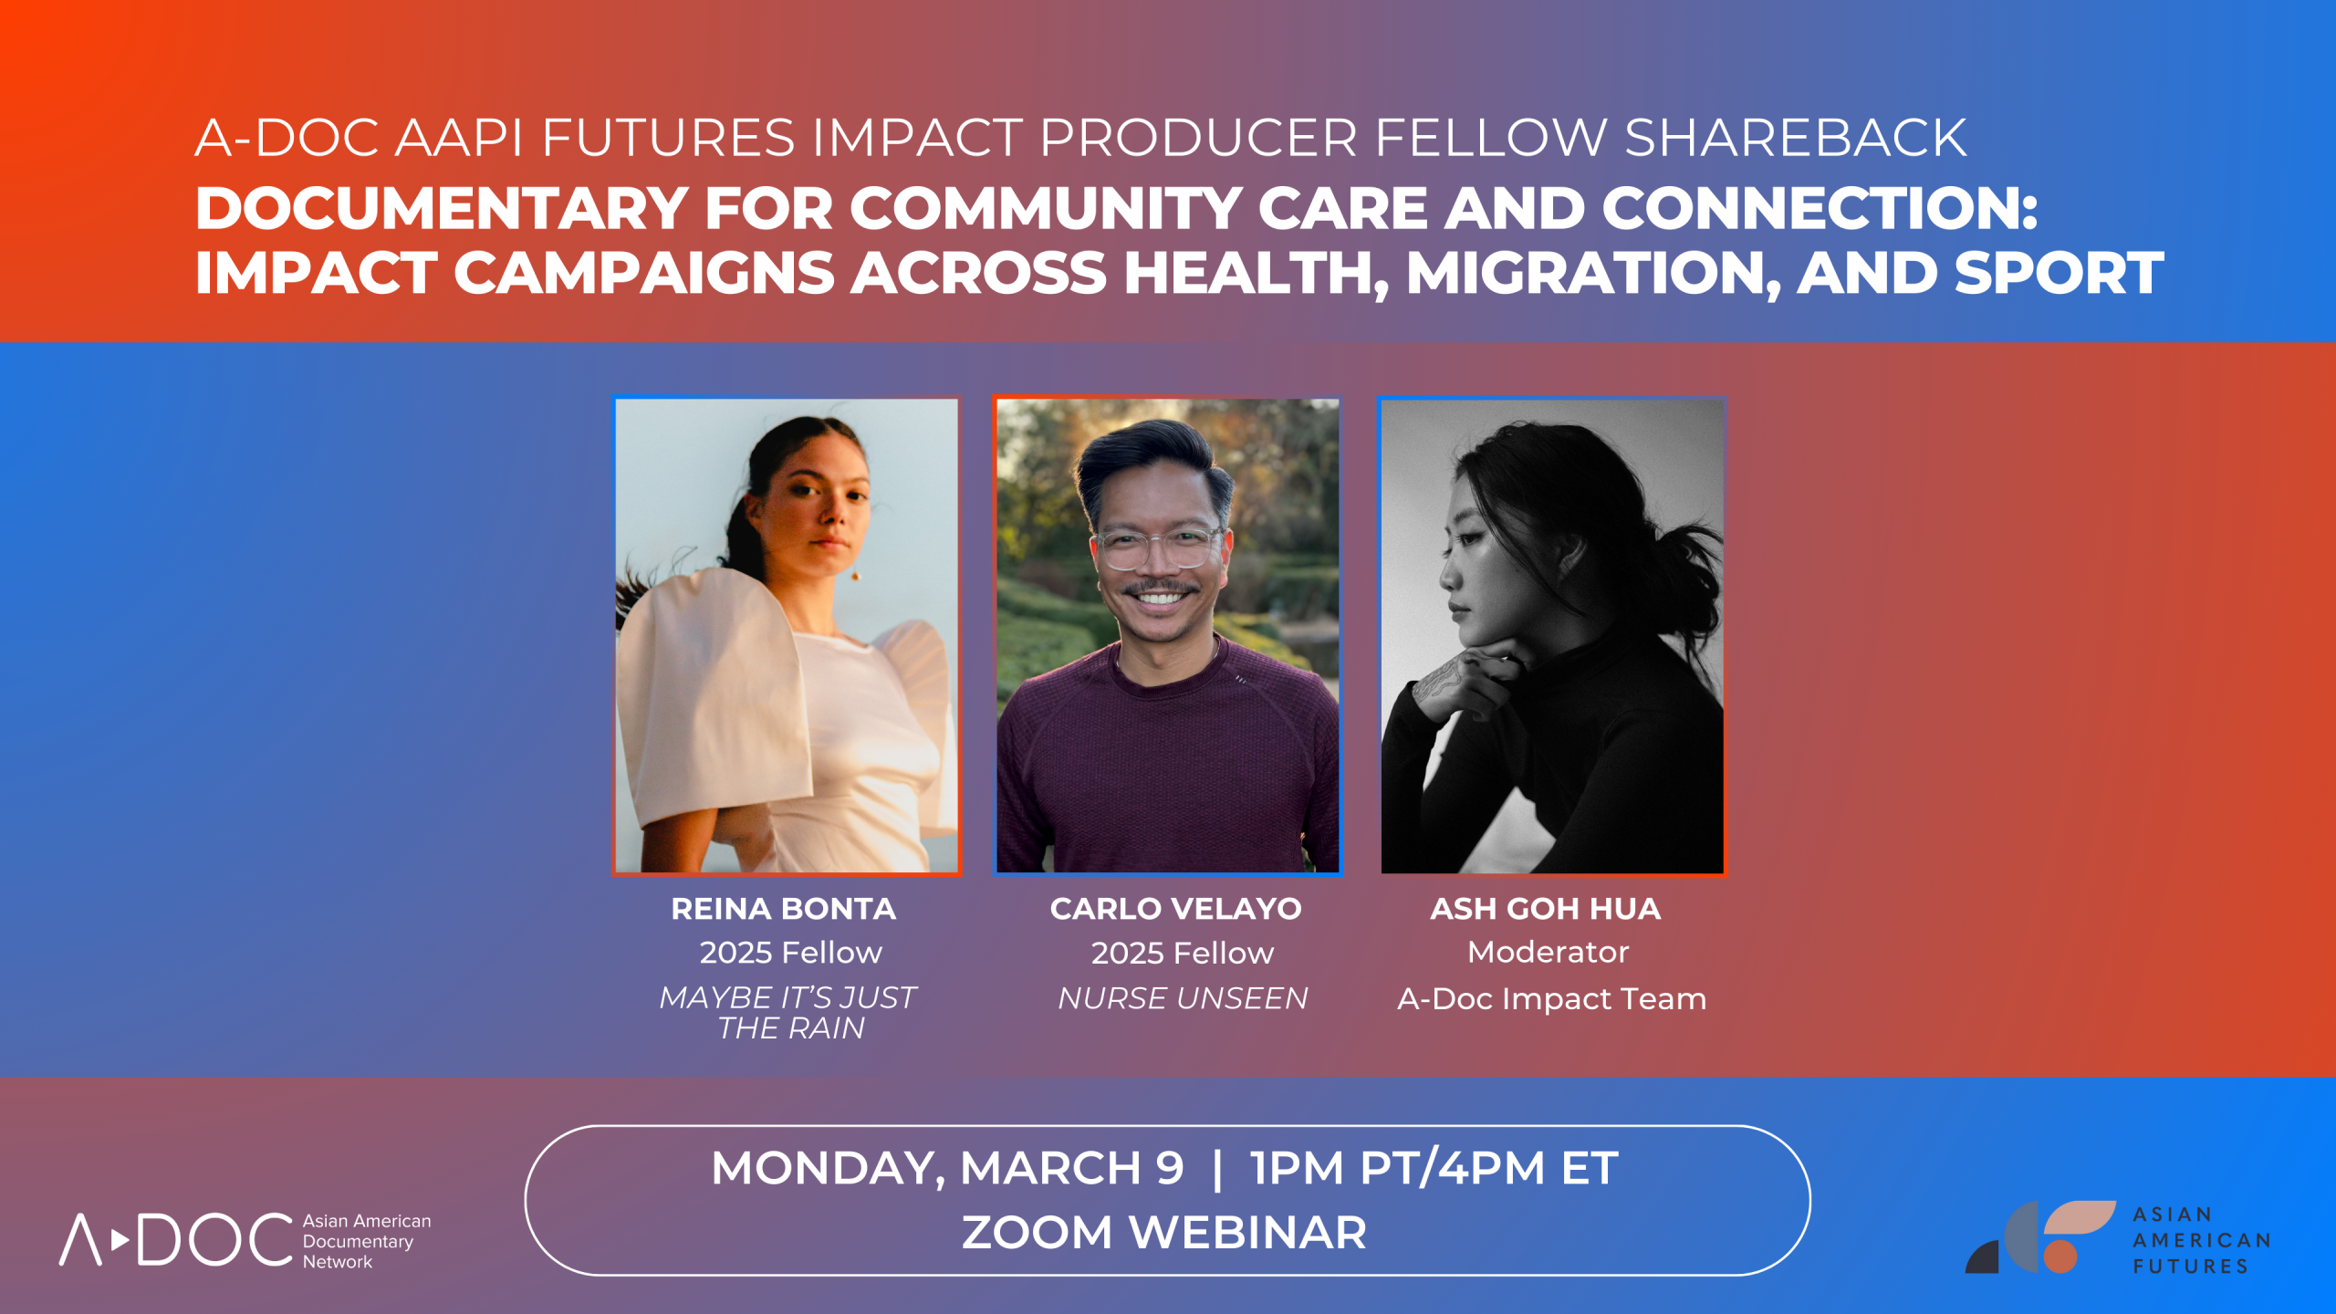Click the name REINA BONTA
click(x=783, y=909)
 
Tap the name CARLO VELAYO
click(x=1175, y=909)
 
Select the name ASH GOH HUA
click(x=1545, y=909)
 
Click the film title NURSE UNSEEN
click(x=1183, y=998)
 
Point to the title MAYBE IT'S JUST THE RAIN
click(x=788, y=1012)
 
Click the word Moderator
click(x=1548, y=953)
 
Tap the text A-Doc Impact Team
click(x=1551, y=999)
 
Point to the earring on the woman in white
click(x=856, y=576)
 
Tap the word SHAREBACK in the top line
click(x=1794, y=139)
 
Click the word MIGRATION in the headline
click(x=1592, y=274)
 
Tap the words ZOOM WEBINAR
click(x=1164, y=1233)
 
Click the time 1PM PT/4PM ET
click(x=1434, y=1169)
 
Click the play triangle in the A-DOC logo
click(x=120, y=1240)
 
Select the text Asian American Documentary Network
click(x=365, y=1241)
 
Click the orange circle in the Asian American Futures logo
click(x=2060, y=1257)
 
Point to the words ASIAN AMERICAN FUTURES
click(x=2200, y=1240)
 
